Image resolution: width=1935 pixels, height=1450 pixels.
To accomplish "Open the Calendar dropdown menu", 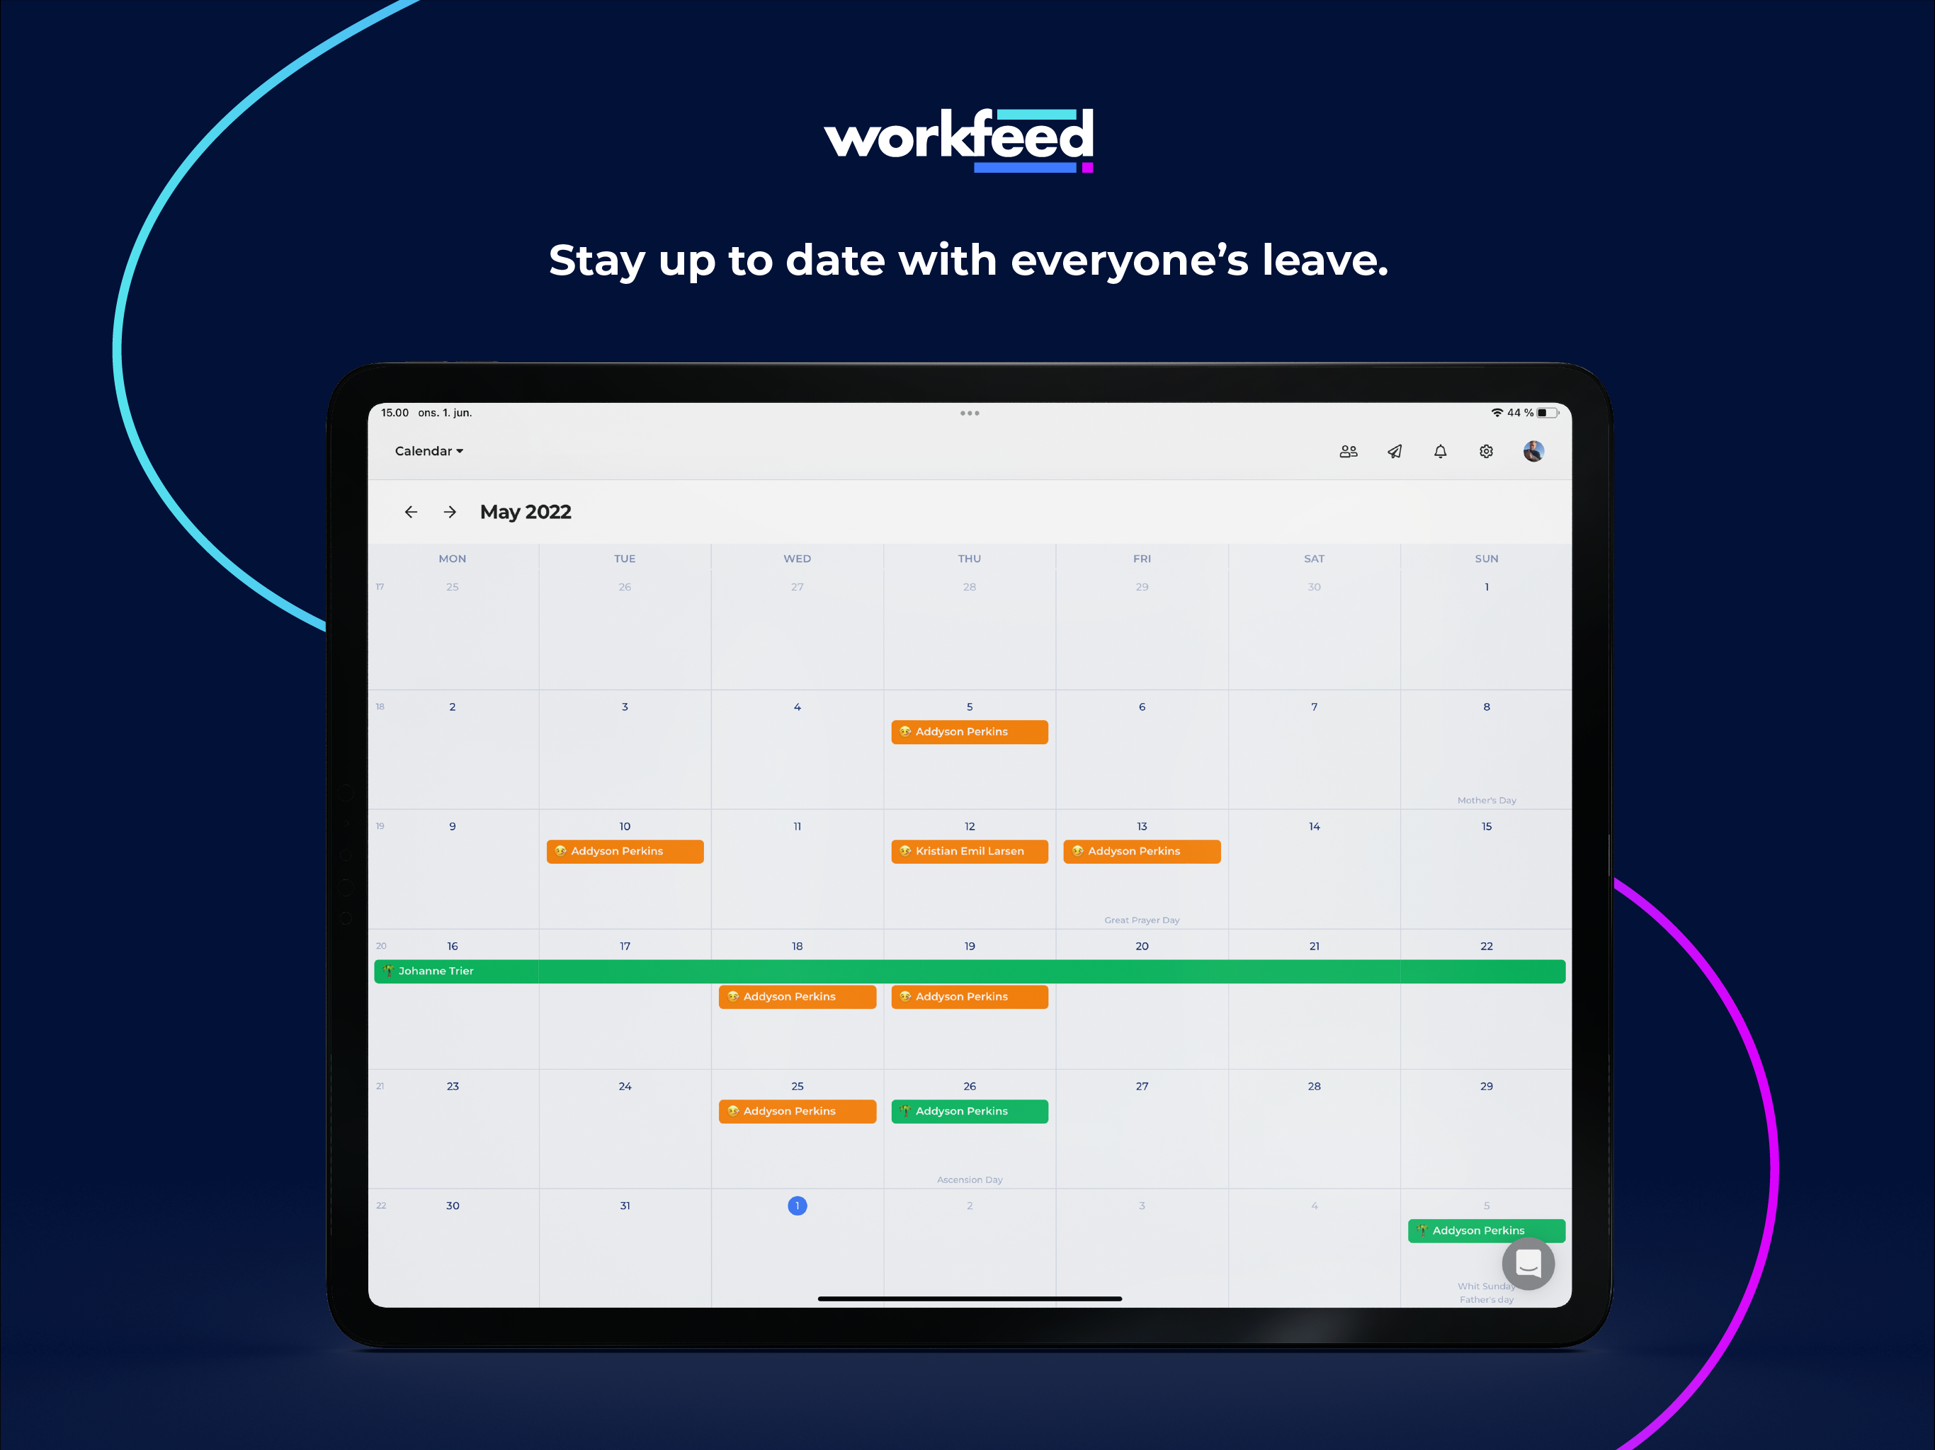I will (x=429, y=451).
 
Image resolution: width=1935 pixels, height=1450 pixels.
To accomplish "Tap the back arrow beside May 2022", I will (x=410, y=513).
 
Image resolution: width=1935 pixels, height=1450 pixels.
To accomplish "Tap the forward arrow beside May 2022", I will (x=450, y=513).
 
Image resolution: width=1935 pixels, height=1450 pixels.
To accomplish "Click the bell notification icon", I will (x=1440, y=451).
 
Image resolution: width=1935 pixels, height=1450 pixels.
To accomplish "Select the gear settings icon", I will (x=1486, y=451).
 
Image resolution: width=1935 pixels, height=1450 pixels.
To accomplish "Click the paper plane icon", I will (x=1395, y=451).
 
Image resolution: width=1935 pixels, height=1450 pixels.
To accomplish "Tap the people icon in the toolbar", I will (x=1348, y=451).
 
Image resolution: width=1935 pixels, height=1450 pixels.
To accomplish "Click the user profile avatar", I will (x=1533, y=451).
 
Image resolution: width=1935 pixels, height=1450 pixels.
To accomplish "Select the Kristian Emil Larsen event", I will (x=969, y=852).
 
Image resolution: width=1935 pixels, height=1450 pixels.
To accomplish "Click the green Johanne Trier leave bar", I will (x=969, y=971).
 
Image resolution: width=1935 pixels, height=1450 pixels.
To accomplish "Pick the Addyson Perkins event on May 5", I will (x=969, y=732).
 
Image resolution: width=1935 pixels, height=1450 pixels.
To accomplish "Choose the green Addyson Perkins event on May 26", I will (x=969, y=1112).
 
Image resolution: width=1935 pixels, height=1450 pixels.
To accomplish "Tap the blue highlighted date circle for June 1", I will (x=797, y=1206).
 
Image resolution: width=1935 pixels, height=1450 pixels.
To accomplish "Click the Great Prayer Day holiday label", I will (x=1142, y=920).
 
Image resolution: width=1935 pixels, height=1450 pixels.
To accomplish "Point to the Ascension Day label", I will (x=969, y=1180).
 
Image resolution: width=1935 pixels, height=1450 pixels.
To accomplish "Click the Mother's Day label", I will (x=1486, y=800).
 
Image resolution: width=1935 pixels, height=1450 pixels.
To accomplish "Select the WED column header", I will (x=797, y=559).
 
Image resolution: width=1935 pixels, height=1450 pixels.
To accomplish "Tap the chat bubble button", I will (x=1527, y=1264).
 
